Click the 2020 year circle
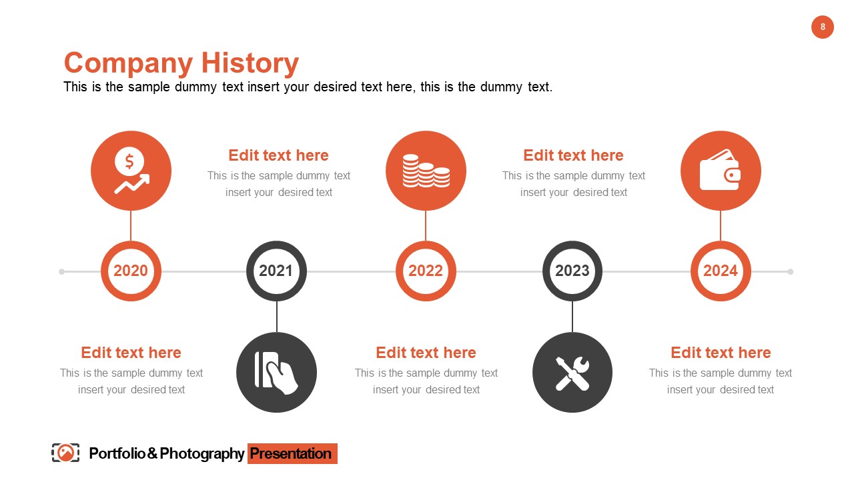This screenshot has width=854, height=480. click(131, 271)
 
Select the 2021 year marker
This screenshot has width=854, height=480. click(276, 271)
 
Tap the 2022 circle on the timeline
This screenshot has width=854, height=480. click(426, 271)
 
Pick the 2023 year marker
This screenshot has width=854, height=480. click(572, 271)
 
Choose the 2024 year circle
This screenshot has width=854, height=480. click(721, 271)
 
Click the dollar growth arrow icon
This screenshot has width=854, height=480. click(131, 171)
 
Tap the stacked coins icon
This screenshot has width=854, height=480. click(426, 171)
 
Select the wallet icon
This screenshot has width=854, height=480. click(721, 171)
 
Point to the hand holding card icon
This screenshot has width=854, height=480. click(276, 372)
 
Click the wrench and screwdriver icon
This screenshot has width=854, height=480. click(572, 372)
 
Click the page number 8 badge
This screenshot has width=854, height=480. click(823, 27)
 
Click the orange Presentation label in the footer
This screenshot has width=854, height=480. click(292, 454)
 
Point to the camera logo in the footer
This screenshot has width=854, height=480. click(65, 453)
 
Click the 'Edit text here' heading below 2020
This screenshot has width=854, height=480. click(131, 353)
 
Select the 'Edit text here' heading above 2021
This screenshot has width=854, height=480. click(278, 155)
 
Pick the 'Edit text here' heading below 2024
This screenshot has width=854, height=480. click(721, 353)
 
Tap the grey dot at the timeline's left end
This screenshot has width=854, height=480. click(62, 271)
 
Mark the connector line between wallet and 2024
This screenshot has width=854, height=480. click(721, 225)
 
